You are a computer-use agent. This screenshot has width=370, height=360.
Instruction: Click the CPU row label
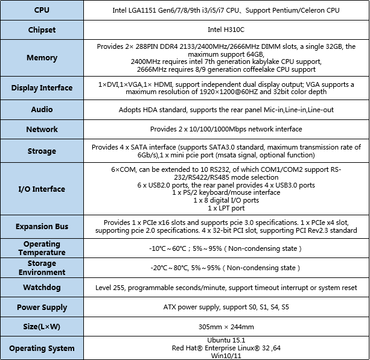tap(42, 10)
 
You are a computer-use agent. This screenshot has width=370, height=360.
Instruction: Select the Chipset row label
tap(42, 30)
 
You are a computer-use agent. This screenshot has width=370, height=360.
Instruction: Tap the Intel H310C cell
tap(226, 30)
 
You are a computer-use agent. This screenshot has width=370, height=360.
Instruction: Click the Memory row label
tap(42, 58)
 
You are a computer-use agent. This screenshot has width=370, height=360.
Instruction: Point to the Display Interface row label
tap(42, 88)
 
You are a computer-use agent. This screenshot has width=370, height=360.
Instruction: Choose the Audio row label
tap(42, 110)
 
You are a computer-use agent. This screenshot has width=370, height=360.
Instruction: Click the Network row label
tap(42, 129)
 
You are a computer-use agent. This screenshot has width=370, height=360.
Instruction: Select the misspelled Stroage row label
tap(42, 151)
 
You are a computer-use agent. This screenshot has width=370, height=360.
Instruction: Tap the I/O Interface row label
tap(42, 189)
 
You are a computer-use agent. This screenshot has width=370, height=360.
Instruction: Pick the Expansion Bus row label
tap(42, 227)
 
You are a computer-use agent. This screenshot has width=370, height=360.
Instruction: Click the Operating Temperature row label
tap(42, 248)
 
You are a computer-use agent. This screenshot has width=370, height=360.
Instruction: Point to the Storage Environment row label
tap(42, 268)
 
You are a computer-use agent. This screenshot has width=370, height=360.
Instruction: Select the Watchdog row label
tap(42, 288)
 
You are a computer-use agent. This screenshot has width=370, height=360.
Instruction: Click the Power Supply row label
tap(42, 307)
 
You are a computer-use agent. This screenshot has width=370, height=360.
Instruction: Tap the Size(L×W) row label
tap(42, 327)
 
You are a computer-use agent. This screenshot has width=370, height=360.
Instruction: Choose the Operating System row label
tap(42, 348)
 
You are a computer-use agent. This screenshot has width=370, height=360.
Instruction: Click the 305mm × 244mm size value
tap(226, 327)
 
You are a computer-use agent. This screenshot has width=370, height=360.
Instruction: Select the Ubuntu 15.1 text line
tap(226, 340)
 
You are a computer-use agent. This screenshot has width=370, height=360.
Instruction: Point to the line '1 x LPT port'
tap(226, 208)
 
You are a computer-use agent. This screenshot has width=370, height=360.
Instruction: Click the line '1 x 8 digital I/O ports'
tap(226, 200)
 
